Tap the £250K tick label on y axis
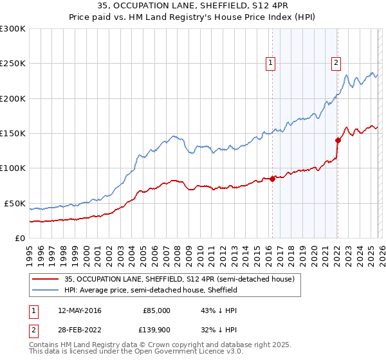coord(12,64)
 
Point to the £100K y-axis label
coord(12,168)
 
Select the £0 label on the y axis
coord(19,238)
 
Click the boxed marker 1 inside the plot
coord(270,63)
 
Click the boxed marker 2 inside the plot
coord(336,63)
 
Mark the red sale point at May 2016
coord(272,179)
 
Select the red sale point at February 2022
coord(338,140)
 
